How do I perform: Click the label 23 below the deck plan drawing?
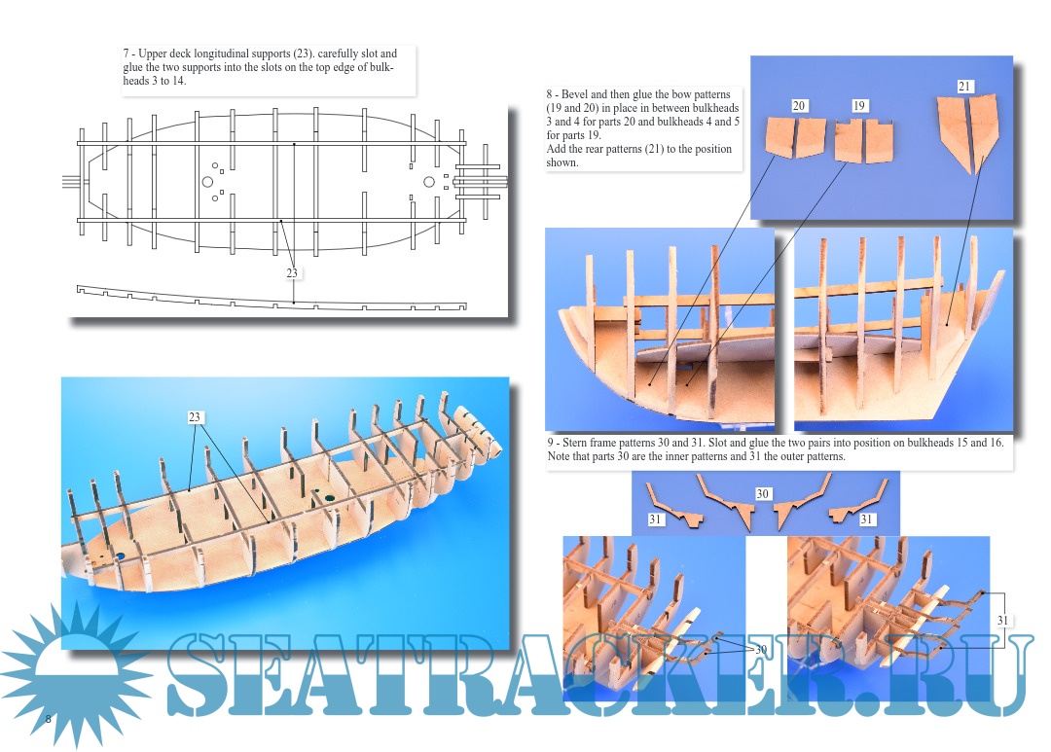(x=292, y=272)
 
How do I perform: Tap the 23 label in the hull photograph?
(x=195, y=417)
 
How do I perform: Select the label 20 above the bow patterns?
(x=798, y=105)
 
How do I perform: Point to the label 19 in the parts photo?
(x=859, y=105)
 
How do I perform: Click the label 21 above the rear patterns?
(x=963, y=86)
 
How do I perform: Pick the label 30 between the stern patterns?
(x=762, y=494)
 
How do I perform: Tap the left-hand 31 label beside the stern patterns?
(x=655, y=519)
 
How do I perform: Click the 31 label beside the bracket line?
(x=1002, y=620)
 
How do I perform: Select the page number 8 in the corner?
(x=48, y=719)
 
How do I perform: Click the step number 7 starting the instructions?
(x=126, y=54)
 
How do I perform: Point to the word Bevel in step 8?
(x=574, y=94)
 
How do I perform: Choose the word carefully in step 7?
(x=339, y=54)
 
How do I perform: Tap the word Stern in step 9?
(x=574, y=443)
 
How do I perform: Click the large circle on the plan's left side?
(x=207, y=182)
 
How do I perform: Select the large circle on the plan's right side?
(x=429, y=182)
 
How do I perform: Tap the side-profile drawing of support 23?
(x=272, y=299)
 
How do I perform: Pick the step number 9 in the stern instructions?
(x=550, y=443)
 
